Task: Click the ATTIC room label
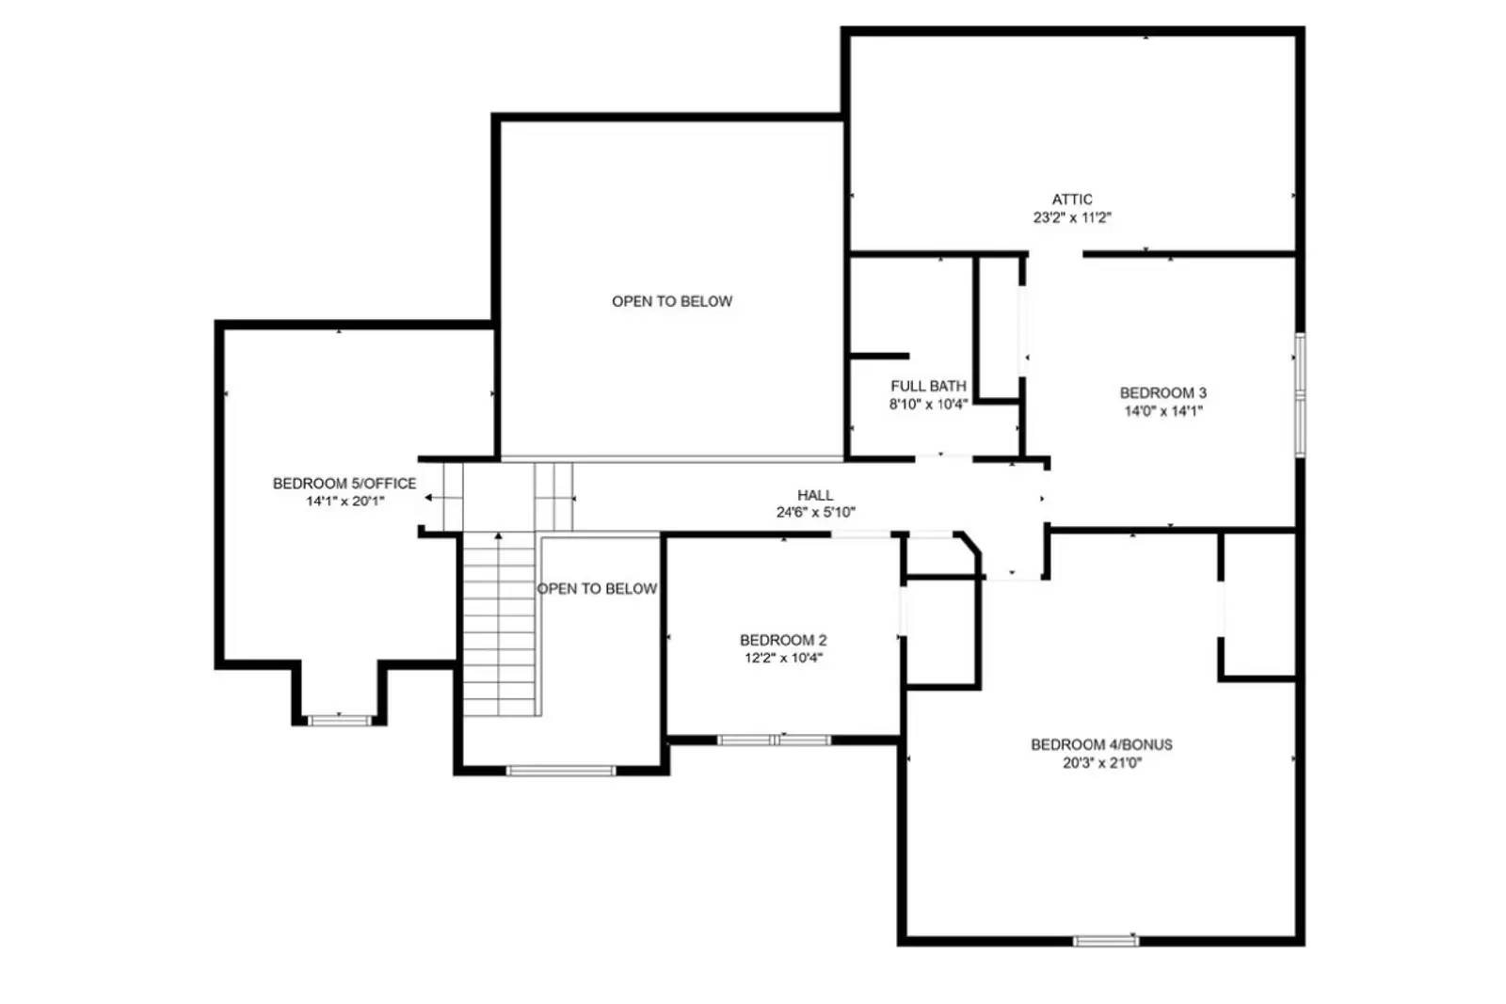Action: (x=1072, y=199)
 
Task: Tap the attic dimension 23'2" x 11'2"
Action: (x=1072, y=217)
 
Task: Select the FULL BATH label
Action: (x=928, y=387)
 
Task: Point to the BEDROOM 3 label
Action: (x=1162, y=393)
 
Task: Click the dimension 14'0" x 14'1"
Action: (x=1163, y=410)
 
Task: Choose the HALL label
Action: (x=815, y=495)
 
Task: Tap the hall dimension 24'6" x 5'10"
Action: (x=815, y=513)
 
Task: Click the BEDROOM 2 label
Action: (x=783, y=641)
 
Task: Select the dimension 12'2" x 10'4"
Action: (x=783, y=658)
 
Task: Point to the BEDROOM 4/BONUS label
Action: (x=1101, y=744)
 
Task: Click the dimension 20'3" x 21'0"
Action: (x=1102, y=763)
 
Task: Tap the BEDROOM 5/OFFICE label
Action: (x=344, y=484)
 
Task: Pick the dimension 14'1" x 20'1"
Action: (x=344, y=502)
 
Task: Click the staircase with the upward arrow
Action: (x=500, y=623)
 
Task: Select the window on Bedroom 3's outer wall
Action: (x=1300, y=395)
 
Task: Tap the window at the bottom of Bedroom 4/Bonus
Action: (x=1106, y=941)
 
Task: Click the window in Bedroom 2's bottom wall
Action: (x=774, y=740)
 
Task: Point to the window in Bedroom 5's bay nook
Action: (x=339, y=721)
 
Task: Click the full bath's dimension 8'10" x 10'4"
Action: (x=928, y=405)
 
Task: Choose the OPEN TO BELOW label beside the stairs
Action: (x=597, y=589)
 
